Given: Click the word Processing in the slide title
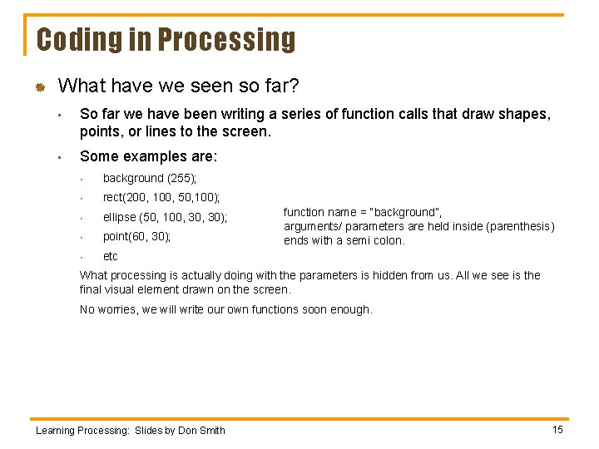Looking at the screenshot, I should coord(226,40).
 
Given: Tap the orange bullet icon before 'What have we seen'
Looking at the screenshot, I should coord(38,87).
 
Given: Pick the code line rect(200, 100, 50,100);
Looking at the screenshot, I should coord(161,198).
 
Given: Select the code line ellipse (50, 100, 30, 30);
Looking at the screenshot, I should coord(165,217).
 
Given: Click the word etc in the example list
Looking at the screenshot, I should coord(111,256).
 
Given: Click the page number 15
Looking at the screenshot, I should coord(557,429).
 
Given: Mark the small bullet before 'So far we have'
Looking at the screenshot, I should coord(61,116).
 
